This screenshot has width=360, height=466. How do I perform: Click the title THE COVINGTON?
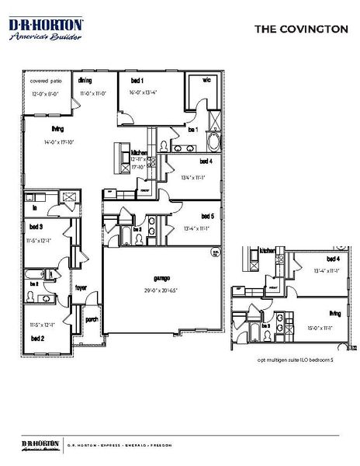coord(302,29)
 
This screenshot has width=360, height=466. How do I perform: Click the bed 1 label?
coord(137,81)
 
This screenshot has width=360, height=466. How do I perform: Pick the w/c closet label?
coord(207,80)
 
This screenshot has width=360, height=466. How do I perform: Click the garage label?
coord(161,277)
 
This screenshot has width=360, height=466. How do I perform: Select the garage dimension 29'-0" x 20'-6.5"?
coord(161,290)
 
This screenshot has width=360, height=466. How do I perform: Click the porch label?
coord(91,318)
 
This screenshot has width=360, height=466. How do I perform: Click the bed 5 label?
coord(206,216)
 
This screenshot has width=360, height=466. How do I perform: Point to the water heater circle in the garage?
coord(214,252)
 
